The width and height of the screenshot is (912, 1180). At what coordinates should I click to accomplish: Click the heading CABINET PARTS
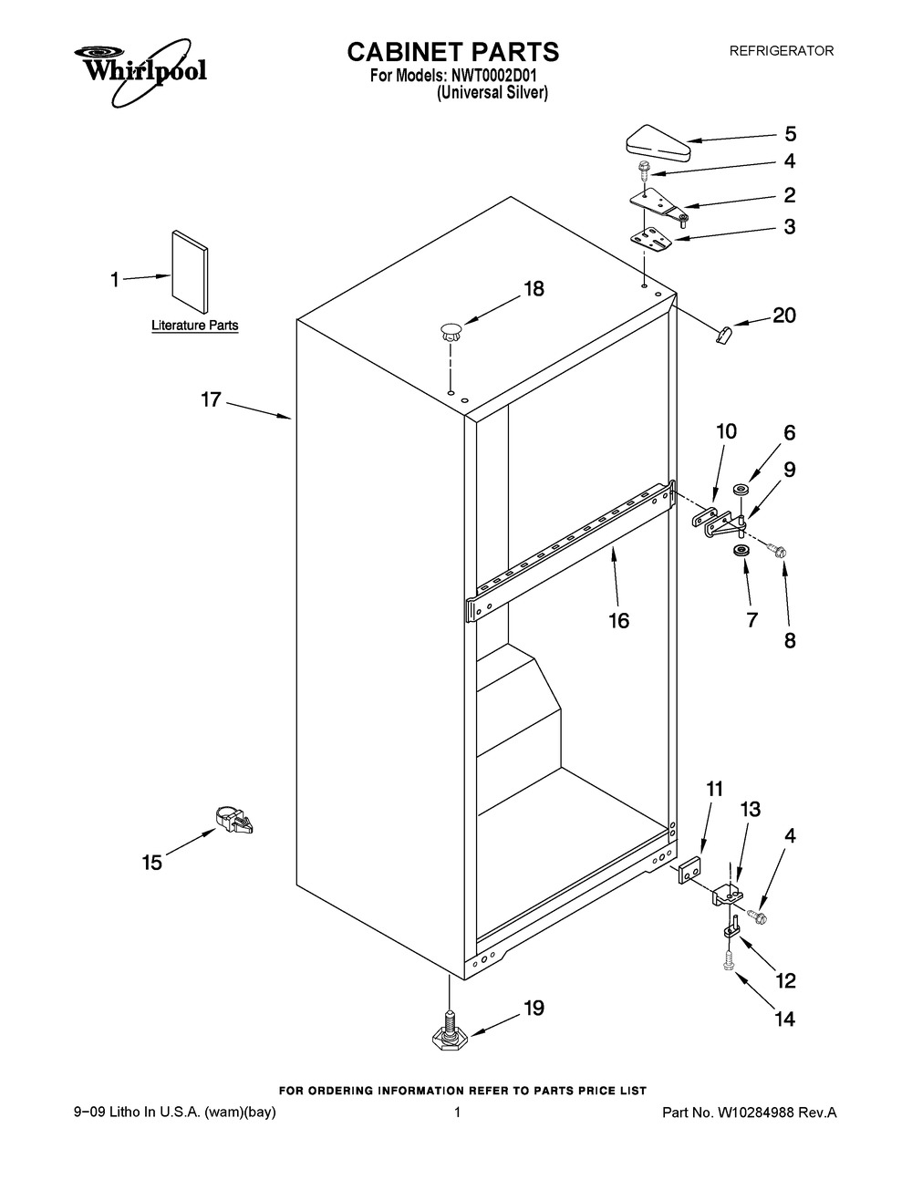pos(452,52)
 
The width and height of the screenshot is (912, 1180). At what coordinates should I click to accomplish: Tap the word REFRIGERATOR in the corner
pos(782,51)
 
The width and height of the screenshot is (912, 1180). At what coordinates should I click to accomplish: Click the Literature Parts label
pos(195,326)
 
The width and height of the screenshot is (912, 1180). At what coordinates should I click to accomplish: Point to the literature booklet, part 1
pos(190,272)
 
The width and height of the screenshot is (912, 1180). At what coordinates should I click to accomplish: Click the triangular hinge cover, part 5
pos(658,143)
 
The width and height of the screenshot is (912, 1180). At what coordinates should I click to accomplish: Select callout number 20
pos(784,315)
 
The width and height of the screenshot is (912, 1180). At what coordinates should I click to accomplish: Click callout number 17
pos(212,399)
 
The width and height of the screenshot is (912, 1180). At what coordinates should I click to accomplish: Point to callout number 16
pos(619,620)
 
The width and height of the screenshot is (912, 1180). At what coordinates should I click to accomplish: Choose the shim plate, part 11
pos(689,870)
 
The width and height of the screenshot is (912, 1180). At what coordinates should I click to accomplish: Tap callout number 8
pos(790,641)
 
